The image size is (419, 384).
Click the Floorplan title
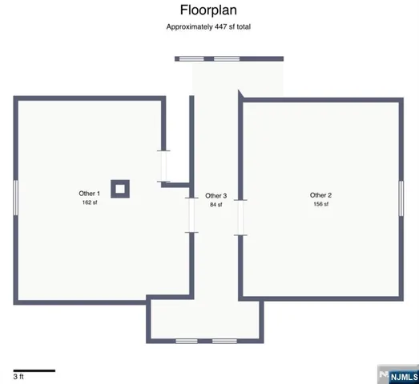click(209, 10)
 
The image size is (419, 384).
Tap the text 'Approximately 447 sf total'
click(209, 27)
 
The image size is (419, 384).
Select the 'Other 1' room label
click(89, 194)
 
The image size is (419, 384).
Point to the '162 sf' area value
click(89, 203)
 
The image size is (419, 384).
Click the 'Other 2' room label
click(320, 195)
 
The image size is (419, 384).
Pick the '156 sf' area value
click(320, 205)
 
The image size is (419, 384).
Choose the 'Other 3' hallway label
click(216, 196)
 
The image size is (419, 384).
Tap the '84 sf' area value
click(216, 206)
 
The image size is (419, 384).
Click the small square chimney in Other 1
click(119, 189)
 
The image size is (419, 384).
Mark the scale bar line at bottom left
click(34, 370)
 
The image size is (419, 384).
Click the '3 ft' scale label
click(18, 377)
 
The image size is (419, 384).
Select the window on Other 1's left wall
click(14, 197)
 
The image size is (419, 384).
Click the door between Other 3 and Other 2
click(240, 217)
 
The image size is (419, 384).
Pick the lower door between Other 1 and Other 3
click(191, 215)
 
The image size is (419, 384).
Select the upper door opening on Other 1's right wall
click(163, 166)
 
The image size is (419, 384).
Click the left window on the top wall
click(190, 58)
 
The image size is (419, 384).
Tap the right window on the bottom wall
click(224, 342)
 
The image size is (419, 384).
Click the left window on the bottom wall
click(187, 342)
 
